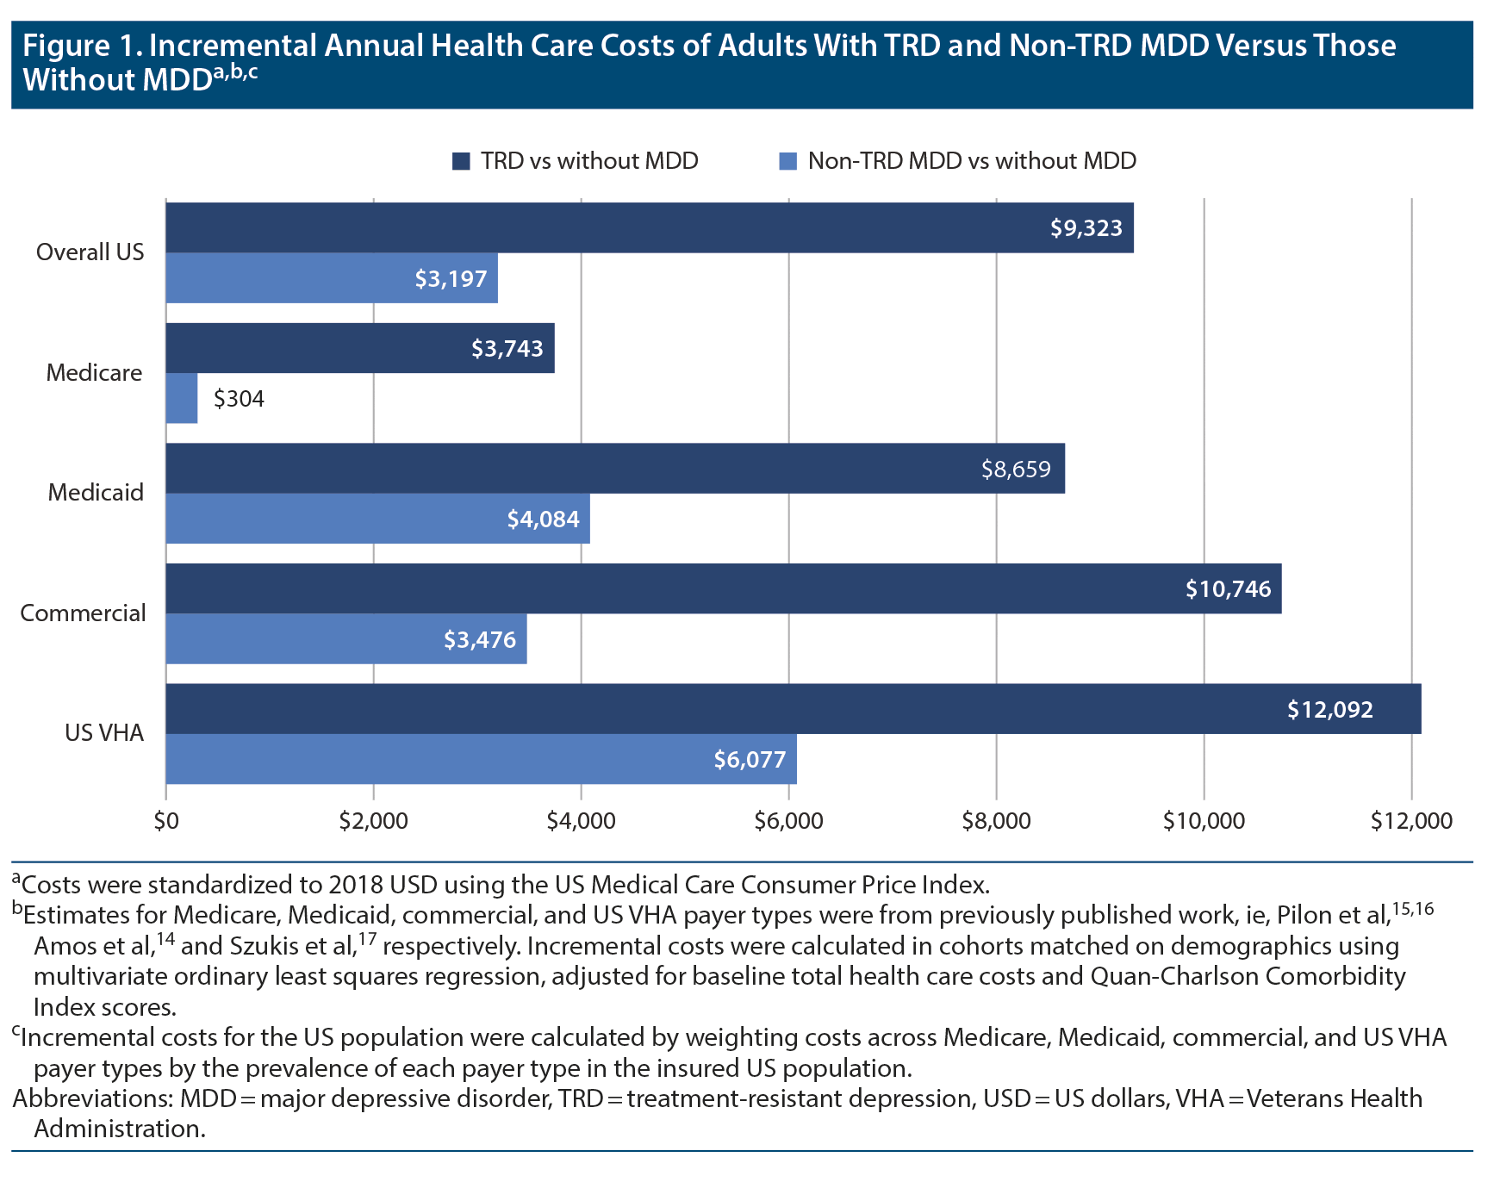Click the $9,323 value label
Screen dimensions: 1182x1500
(x=1086, y=228)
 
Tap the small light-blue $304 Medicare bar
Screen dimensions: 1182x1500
(x=182, y=398)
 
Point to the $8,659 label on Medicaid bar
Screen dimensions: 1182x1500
(x=1016, y=470)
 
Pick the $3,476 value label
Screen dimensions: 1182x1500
(x=479, y=640)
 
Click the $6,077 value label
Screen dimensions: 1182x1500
(x=750, y=760)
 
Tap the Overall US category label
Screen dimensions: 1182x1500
(x=90, y=252)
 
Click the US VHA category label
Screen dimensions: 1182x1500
(x=104, y=733)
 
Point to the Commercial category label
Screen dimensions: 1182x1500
(x=84, y=613)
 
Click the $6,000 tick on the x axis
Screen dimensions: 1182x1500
(x=788, y=821)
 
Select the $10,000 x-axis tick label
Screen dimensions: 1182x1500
(x=1204, y=821)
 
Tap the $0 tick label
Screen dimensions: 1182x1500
(x=166, y=821)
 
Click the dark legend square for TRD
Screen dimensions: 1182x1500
(x=461, y=161)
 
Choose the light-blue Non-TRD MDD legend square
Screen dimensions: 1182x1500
(x=787, y=161)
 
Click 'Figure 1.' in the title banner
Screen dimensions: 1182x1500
(x=79, y=46)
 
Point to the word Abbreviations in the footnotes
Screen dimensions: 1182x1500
(x=90, y=1099)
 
